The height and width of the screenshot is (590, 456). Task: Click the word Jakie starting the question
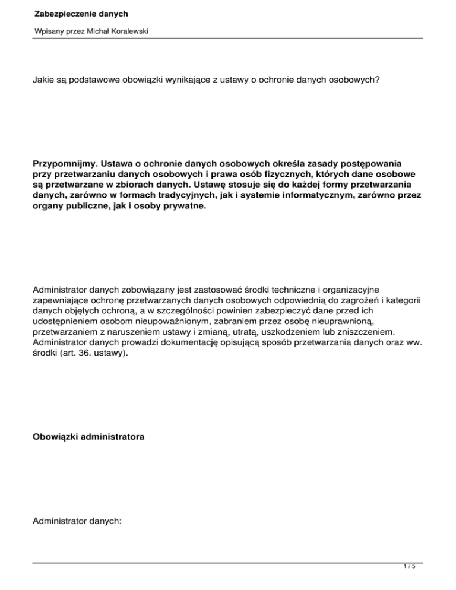pyautogui.click(x=44, y=77)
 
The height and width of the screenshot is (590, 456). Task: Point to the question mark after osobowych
pyautogui.click(x=378, y=77)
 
